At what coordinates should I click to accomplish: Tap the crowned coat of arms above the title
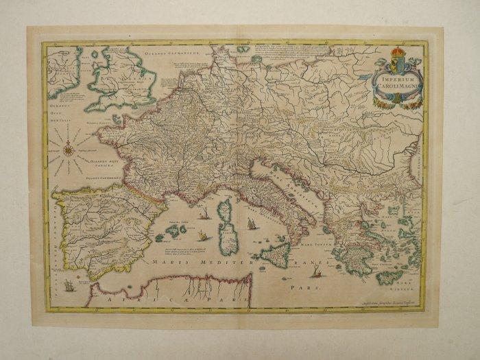click(397, 57)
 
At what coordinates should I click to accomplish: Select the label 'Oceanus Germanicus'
click(171, 49)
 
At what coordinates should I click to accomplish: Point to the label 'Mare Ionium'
click(330, 241)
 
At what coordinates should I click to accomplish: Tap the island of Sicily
click(278, 255)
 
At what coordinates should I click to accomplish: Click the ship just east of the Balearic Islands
click(203, 236)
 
